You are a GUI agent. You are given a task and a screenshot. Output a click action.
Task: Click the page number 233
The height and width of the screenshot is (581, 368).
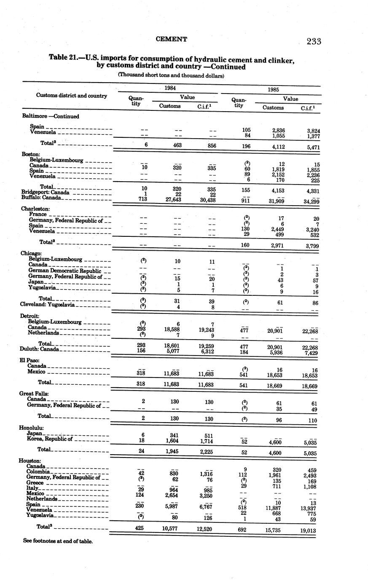click(x=314, y=41)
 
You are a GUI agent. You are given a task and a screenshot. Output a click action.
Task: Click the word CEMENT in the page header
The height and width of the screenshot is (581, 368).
click(x=172, y=39)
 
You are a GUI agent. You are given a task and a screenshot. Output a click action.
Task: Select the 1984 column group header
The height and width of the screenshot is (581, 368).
click(x=170, y=88)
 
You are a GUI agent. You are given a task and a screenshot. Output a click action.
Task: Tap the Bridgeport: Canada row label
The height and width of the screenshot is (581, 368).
click(x=45, y=192)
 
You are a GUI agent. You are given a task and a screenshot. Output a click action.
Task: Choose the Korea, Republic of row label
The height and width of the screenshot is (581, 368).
click(x=50, y=439)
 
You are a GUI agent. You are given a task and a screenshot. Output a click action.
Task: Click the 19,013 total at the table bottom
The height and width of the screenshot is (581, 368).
click(x=307, y=531)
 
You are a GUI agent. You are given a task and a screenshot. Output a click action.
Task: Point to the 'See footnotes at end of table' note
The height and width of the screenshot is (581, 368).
click(x=58, y=541)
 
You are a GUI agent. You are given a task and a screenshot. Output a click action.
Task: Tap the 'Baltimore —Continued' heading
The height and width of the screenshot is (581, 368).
click(x=50, y=116)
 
